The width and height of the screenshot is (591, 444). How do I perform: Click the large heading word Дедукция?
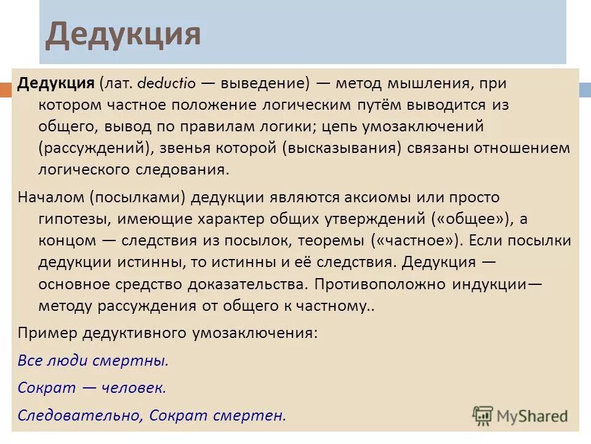tap(123, 35)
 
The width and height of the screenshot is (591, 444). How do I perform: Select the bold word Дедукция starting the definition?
tap(55, 83)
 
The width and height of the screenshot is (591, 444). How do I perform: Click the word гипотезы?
tap(74, 220)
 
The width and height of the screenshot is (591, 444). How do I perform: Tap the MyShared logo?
tap(520, 415)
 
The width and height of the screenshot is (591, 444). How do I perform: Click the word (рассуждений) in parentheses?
tap(95, 149)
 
